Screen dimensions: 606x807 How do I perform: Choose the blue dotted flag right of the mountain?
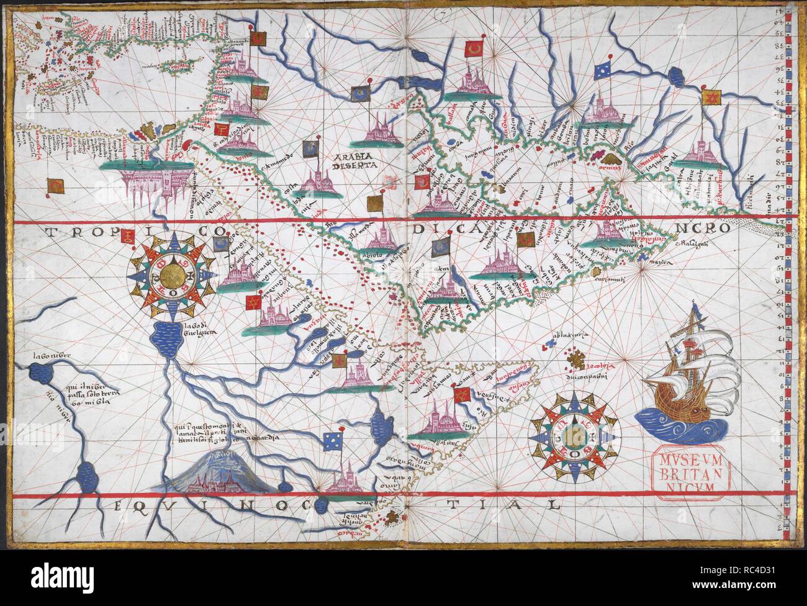(x=333, y=441)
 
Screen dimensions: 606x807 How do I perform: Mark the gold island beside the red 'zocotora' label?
(x=577, y=360)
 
